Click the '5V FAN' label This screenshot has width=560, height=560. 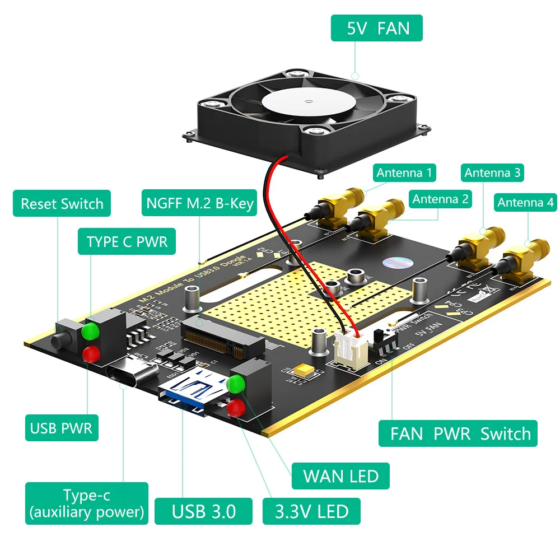(376, 27)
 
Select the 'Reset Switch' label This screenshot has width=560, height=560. (62, 203)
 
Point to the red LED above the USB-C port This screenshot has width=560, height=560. (90, 353)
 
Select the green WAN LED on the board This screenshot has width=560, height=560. (236, 384)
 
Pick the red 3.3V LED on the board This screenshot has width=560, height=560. (236, 407)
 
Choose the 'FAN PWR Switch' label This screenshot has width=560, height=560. (458, 433)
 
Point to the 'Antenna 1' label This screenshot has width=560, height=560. (405, 173)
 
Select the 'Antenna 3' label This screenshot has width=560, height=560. (492, 173)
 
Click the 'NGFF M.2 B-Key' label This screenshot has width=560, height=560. (200, 203)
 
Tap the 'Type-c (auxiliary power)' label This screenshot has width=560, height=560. (87, 503)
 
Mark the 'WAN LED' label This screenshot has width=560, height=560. (340, 476)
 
